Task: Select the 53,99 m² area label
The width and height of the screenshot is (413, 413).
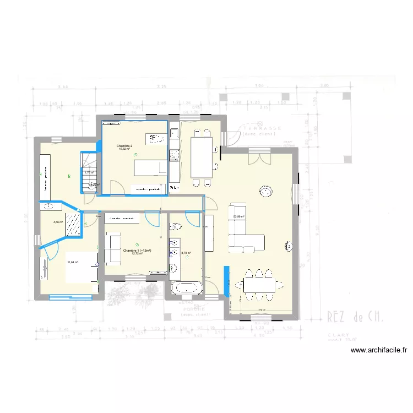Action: tap(238, 216)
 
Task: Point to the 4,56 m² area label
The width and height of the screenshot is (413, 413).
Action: tap(58, 222)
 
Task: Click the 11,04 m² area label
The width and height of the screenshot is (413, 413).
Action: tap(73, 262)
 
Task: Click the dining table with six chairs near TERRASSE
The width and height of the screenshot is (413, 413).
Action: tap(202, 154)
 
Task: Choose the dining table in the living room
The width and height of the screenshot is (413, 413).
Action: tap(259, 284)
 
